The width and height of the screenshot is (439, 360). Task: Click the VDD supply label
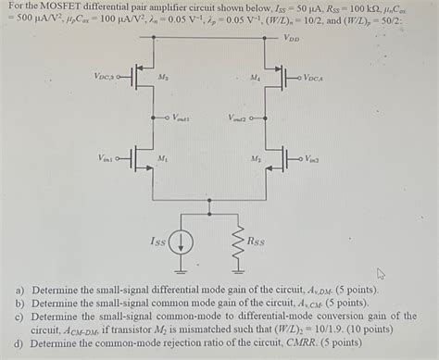291,40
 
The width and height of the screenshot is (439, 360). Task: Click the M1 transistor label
163,158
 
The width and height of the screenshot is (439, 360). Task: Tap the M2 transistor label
256,159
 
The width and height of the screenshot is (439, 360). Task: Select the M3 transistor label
163,77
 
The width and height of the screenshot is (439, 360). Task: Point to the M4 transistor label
256,78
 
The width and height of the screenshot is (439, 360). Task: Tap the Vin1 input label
108,159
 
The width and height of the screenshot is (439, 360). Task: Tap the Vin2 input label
312,159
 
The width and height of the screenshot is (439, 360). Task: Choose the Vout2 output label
239,118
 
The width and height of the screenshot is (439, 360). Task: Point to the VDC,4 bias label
315,78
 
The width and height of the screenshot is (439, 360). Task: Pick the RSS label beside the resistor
256,242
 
